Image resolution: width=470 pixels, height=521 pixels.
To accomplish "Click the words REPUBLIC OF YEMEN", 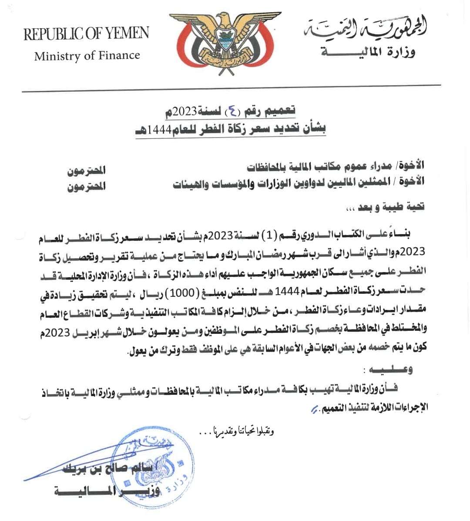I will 86,34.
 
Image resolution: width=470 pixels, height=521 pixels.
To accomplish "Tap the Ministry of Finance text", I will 87,56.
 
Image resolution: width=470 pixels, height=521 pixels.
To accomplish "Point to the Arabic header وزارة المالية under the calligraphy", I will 368,53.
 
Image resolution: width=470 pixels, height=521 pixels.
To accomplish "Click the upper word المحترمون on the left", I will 86,170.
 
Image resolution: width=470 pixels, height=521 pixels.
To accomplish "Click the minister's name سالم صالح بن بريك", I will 107,469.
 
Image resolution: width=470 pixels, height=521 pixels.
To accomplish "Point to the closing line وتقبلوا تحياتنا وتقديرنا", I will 237,431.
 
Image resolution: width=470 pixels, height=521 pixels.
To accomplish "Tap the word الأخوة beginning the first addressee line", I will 414,166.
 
